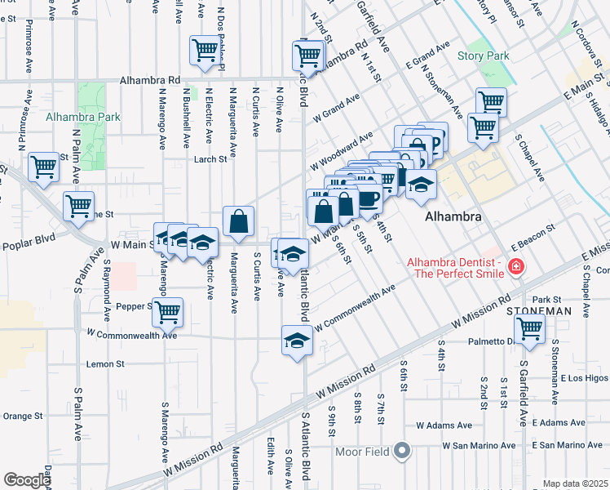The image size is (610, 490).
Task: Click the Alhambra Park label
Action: (x=84, y=117)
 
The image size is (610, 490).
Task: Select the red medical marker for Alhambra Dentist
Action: (x=515, y=266)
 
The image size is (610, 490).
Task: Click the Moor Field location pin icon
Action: (x=401, y=450)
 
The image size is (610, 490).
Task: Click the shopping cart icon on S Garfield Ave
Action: (x=531, y=328)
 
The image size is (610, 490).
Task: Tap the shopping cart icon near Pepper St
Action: (x=167, y=311)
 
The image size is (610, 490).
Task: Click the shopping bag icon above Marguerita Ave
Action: (x=238, y=220)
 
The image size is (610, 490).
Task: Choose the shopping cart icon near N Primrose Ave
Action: (x=43, y=167)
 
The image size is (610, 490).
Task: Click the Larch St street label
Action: (x=210, y=159)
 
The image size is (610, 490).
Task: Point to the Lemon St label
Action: (x=108, y=363)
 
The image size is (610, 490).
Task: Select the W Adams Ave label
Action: (x=444, y=425)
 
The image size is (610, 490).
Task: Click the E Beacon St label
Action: (x=533, y=235)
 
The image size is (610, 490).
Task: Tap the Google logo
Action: (x=27, y=480)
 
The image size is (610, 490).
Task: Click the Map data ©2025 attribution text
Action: (x=575, y=483)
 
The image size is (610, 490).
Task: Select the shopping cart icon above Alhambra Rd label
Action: (x=204, y=50)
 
